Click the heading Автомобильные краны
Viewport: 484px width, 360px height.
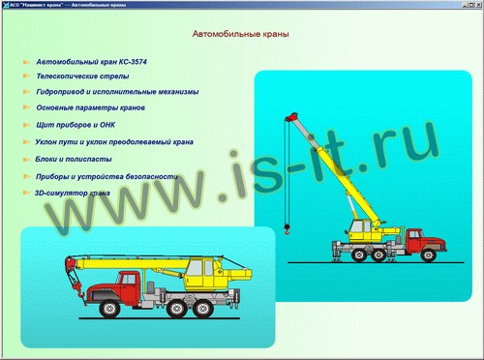tap(240, 34)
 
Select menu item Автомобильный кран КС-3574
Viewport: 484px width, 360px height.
tap(91, 62)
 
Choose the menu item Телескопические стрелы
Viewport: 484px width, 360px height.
tap(82, 76)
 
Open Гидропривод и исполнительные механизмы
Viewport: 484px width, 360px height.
tap(117, 92)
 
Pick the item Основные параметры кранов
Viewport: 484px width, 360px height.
tap(90, 107)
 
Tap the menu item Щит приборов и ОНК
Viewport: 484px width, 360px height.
tap(76, 125)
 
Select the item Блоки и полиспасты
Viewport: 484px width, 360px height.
tap(74, 159)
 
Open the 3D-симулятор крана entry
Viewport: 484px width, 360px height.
tap(73, 194)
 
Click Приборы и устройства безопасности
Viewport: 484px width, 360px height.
tap(106, 176)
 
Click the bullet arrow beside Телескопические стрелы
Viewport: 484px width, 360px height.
tap(27, 75)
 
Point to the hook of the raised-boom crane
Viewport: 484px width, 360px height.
tap(287, 229)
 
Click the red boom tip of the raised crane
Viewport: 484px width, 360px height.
tap(292, 117)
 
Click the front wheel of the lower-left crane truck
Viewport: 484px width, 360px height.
tap(109, 309)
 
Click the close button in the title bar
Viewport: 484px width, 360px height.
tap(478, 5)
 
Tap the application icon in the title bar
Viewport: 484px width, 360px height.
tap(6, 5)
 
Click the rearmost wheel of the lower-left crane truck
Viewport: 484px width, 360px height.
tap(203, 309)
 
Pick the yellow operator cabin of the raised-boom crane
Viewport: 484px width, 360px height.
tap(361, 230)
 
